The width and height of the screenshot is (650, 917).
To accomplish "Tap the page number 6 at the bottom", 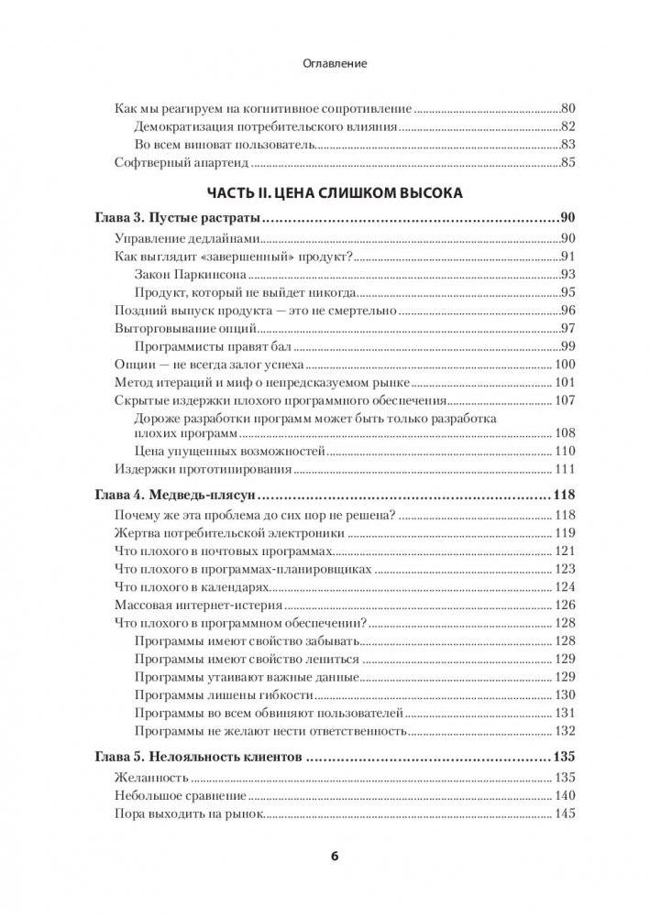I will point(334,857).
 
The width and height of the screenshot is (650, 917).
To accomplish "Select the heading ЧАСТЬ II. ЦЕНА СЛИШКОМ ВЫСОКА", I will point(334,193).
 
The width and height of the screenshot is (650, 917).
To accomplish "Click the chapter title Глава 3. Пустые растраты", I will point(178,219).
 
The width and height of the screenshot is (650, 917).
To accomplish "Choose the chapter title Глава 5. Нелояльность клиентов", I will point(199,758).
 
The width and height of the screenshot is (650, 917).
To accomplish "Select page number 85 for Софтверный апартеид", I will point(566,164).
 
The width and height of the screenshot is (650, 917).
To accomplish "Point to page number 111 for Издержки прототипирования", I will point(563,469).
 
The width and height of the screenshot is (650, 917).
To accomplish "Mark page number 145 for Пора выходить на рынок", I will point(563,813).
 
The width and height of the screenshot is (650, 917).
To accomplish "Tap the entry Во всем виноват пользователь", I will point(225,145).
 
